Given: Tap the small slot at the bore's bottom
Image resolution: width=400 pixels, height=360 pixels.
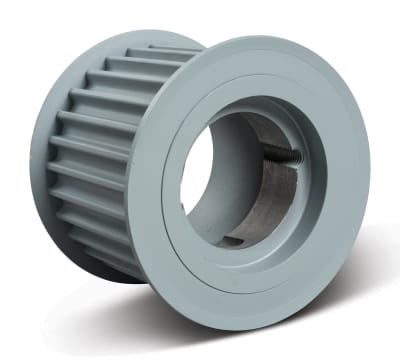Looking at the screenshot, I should [x=232, y=241].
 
